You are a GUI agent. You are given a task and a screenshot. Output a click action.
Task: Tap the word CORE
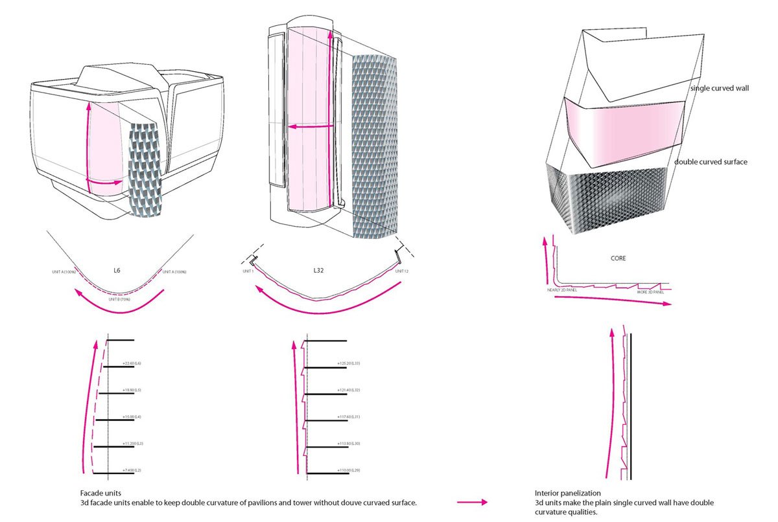click(618, 258)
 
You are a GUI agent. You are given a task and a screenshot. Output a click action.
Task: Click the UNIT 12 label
click(401, 271)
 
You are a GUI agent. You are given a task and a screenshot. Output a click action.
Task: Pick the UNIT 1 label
click(247, 271)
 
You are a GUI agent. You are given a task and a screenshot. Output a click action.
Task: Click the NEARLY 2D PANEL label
click(563, 291)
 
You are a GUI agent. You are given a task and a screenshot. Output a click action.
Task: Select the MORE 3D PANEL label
click(651, 291)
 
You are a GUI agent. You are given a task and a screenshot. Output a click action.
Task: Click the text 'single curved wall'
click(720, 87)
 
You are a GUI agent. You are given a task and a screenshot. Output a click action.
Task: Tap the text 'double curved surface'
click(711, 161)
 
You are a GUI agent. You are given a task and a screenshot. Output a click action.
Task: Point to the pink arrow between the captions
click(471, 502)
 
